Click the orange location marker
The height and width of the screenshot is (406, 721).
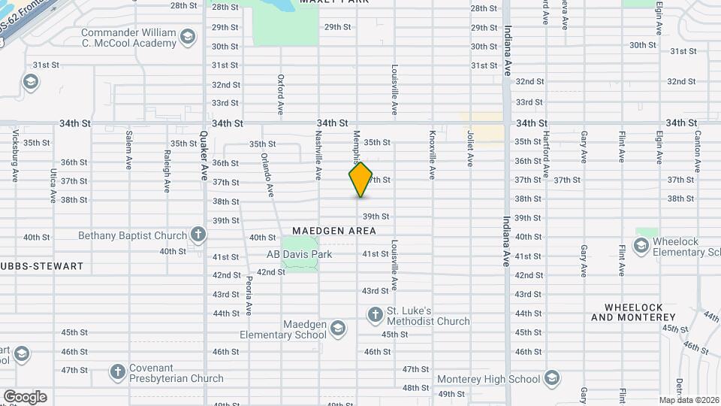360,180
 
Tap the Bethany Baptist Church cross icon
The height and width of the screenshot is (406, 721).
198,235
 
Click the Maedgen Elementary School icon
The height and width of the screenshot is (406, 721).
339,328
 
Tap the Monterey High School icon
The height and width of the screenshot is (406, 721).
552,377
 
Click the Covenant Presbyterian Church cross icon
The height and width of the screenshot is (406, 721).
117,371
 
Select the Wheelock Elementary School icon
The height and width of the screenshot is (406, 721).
641,245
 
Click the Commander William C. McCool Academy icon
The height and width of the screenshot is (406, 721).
188,38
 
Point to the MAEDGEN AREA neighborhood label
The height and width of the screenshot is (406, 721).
334,231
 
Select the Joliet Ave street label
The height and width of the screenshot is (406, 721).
470,148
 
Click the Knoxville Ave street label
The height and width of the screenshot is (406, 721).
433,156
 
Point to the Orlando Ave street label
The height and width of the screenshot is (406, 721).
264,172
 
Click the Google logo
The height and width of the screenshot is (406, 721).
25,397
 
